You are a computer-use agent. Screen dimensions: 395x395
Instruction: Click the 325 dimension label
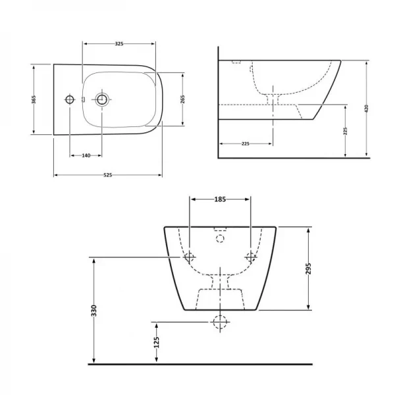[119, 44]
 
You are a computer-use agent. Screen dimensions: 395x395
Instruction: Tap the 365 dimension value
[34, 99]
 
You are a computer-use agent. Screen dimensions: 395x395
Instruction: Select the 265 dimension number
[182, 99]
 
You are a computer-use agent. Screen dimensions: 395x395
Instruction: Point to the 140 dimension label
[86, 155]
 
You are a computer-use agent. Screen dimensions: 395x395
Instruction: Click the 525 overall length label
[108, 175]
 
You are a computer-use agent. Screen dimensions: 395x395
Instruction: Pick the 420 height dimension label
[367, 109]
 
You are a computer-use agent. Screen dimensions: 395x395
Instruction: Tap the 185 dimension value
[220, 199]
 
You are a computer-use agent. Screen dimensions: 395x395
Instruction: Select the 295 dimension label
[309, 269]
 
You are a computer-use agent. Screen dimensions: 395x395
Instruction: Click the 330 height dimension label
[93, 311]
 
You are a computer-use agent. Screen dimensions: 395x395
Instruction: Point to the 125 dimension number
[157, 342]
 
